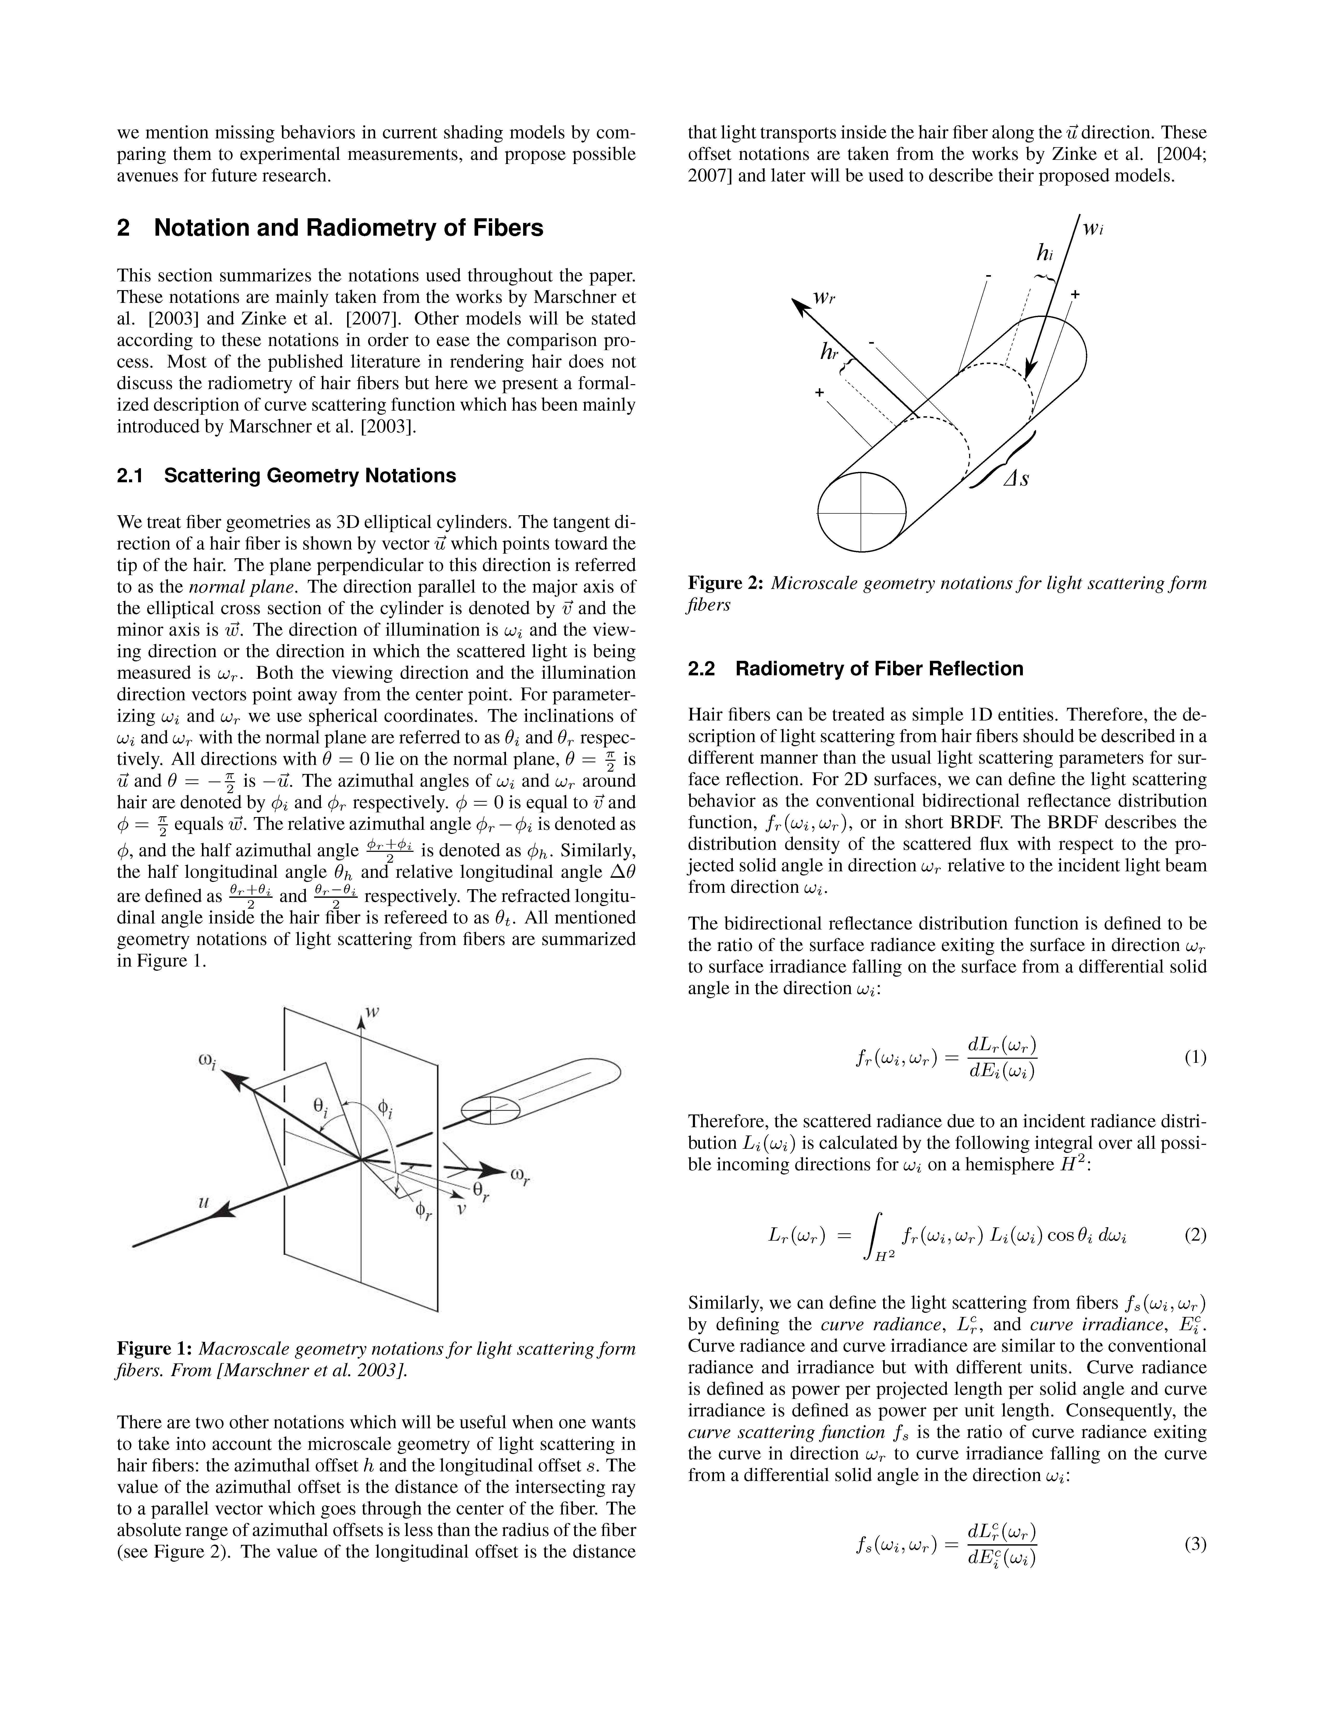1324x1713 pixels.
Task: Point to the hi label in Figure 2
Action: tap(1044, 253)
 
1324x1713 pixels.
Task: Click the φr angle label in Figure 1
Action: tap(424, 1212)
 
